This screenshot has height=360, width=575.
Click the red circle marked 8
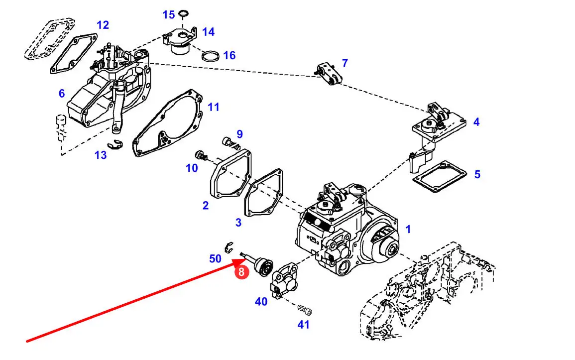pos(241,272)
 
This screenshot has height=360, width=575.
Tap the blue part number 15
pos(169,14)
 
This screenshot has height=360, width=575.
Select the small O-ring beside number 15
pos(184,14)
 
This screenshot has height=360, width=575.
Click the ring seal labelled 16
pos(211,56)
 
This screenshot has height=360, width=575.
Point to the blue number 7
pos(345,63)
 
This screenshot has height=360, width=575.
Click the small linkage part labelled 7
pos(329,74)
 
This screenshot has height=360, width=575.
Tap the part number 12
pos(103,25)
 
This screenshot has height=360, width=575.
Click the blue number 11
pos(214,107)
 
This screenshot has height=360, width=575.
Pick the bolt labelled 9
pos(230,143)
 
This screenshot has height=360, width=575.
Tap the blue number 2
pos(205,205)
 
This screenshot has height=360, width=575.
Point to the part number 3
pos(238,222)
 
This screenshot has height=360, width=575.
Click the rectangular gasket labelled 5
pos(439,176)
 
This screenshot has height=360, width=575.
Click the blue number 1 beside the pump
pos(408,229)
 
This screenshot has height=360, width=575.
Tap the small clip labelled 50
pos(229,246)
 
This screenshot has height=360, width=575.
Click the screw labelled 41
pos(305,310)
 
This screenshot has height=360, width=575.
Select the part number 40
pos(261,302)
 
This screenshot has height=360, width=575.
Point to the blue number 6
pos(62,94)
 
